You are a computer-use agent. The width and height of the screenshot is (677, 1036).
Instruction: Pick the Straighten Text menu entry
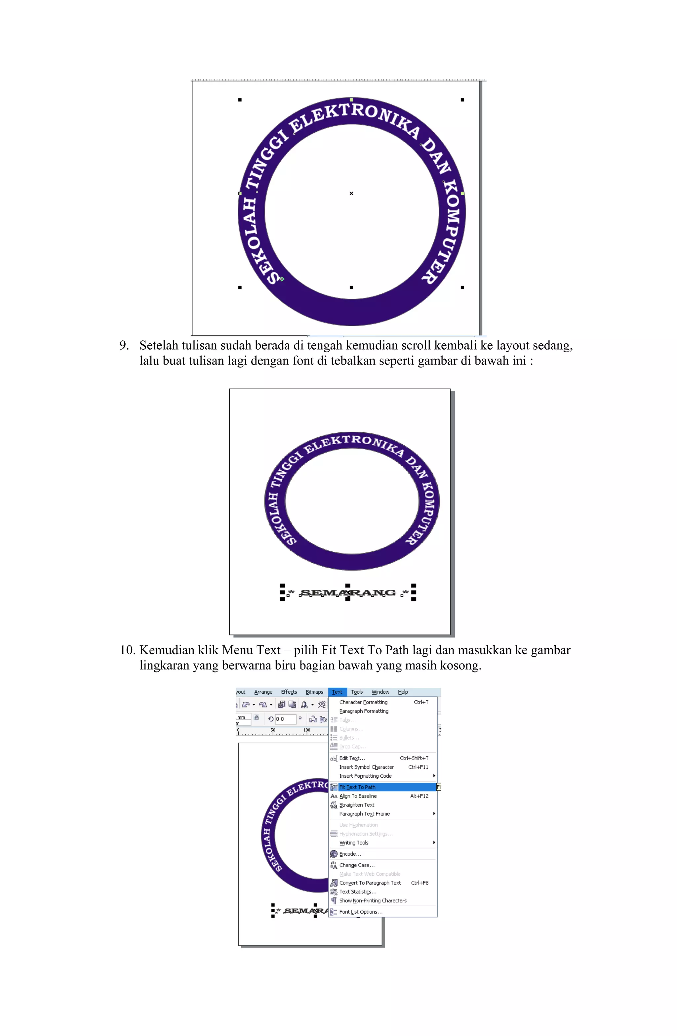[x=356, y=805]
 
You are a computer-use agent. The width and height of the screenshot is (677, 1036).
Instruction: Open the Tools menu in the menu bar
[x=357, y=692]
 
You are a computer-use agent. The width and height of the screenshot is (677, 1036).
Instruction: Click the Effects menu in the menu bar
[x=289, y=692]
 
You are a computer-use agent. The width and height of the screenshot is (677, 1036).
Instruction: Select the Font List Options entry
[x=360, y=912]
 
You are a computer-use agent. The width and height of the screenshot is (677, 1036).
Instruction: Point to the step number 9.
[x=124, y=346]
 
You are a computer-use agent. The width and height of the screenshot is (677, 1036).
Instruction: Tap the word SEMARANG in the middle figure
[x=348, y=593]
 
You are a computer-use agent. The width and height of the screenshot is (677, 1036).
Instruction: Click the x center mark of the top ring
[x=351, y=193]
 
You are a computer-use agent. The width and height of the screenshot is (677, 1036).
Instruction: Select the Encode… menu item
[x=350, y=854]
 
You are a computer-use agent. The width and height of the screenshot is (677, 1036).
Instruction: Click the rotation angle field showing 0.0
[x=285, y=719]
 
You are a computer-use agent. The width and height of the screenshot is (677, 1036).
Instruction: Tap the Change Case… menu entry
[x=357, y=865]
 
